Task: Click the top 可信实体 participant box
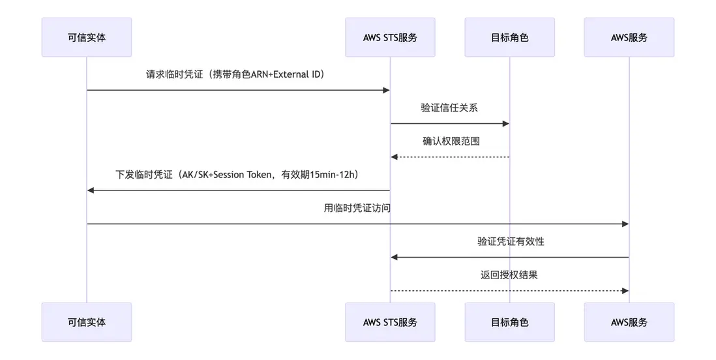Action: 86,37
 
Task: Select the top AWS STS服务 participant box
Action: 390,37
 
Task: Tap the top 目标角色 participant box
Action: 509,37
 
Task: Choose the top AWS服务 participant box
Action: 629,37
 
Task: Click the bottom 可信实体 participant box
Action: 86,322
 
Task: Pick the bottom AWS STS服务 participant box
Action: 390,322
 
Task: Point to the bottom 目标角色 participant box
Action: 509,322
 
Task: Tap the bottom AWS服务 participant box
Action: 629,322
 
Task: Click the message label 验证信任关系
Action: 449,108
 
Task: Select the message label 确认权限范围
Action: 451,141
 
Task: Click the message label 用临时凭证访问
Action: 357,208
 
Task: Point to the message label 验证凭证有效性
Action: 511,241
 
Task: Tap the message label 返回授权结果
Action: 509,275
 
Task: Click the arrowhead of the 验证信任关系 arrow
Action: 505,123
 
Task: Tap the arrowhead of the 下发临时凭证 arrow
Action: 91,190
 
